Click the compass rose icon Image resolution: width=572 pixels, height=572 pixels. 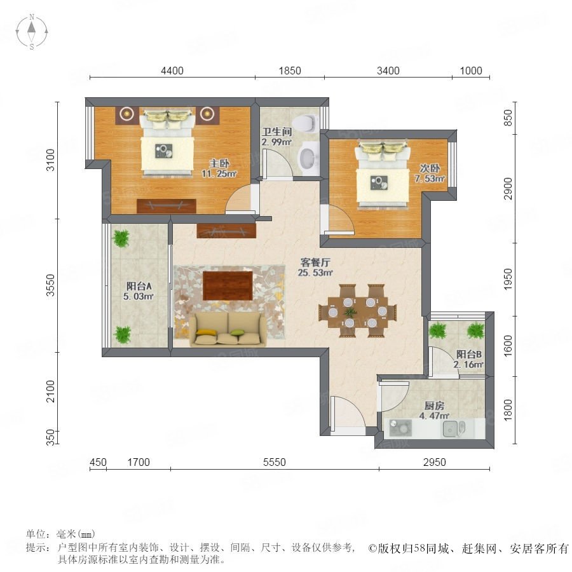click(32, 32)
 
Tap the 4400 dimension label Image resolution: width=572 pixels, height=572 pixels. click(172, 71)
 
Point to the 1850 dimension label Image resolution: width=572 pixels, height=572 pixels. click(290, 71)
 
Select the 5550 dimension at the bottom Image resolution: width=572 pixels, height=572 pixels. click(275, 462)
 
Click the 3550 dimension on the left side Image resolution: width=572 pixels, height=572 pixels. click(50, 285)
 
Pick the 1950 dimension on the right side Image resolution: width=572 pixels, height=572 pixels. click(508, 280)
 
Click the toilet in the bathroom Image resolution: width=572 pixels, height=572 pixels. click(305, 123)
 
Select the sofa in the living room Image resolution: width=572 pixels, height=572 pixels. click(228, 329)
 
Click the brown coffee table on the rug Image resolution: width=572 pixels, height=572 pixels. click(228, 285)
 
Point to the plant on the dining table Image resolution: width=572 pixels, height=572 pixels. click(351, 312)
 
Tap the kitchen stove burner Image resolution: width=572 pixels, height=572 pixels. click(400, 428)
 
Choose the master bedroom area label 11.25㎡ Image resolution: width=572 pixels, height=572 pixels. click(219, 174)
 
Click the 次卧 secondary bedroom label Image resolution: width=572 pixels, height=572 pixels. click(430, 168)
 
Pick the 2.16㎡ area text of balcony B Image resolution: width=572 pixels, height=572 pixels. click(468, 364)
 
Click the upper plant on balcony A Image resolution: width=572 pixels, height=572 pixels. click(121, 238)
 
